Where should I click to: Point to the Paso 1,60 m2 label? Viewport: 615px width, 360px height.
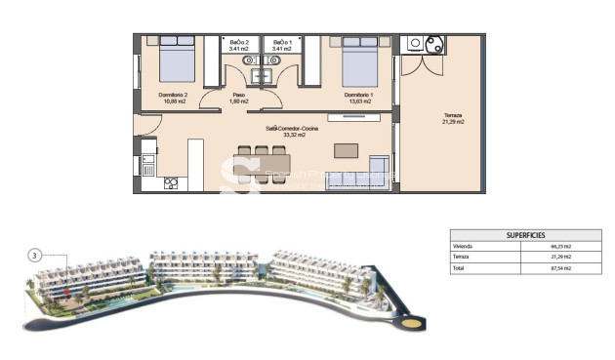tap(239, 98)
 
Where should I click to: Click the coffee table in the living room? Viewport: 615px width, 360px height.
tap(346, 150)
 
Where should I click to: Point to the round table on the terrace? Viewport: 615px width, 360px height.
tap(431, 44)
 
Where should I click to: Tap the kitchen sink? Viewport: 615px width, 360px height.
tap(148, 169)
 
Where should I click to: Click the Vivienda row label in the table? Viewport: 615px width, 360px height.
tap(463, 247)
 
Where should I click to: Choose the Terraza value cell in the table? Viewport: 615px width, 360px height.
tap(561, 256)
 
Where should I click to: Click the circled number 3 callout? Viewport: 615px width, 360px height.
tap(35, 256)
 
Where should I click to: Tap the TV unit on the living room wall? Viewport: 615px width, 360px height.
tap(348, 119)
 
